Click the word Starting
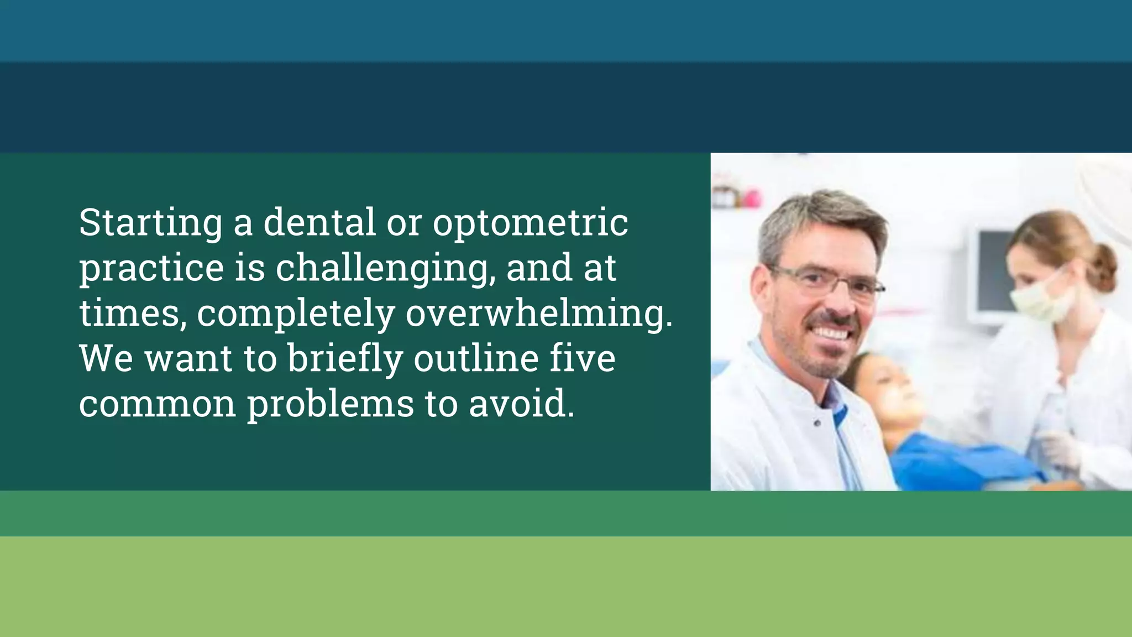tap(150, 223)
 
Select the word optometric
tap(530, 223)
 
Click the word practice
tap(151, 269)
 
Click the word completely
tap(296, 314)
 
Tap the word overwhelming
tap(539, 314)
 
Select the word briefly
tap(345, 359)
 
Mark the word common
tap(158, 404)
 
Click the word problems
tap(330, 405)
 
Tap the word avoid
tap(521, 404)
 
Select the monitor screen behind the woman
tap(992, 276)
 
